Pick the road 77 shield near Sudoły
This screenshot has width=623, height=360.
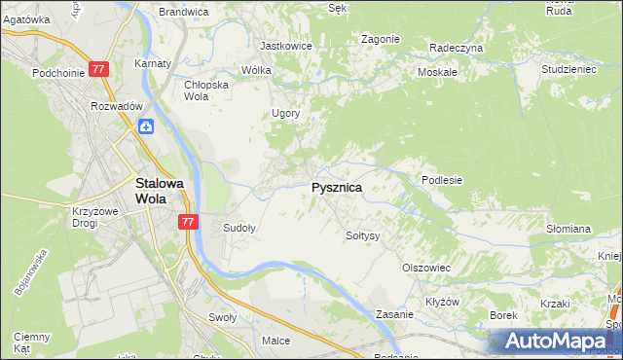click(x=189, y=223)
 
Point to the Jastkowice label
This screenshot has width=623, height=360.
click(x=285, y=46)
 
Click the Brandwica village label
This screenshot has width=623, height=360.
click(x=184, y=12)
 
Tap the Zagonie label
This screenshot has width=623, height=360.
click(x=380, y=39)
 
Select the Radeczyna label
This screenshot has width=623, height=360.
click(x=457, y=47)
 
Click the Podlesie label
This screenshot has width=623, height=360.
click(x=441, y=180)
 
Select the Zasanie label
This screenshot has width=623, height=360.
click(x=396, y=315)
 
